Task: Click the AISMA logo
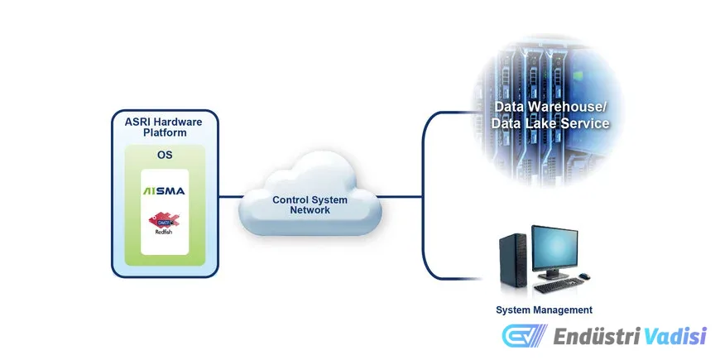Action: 164,191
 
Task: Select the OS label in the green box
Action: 164,155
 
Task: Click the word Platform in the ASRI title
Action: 164,132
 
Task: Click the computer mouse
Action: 584,276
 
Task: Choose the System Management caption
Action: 544,310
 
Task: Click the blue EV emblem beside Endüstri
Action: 524,336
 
